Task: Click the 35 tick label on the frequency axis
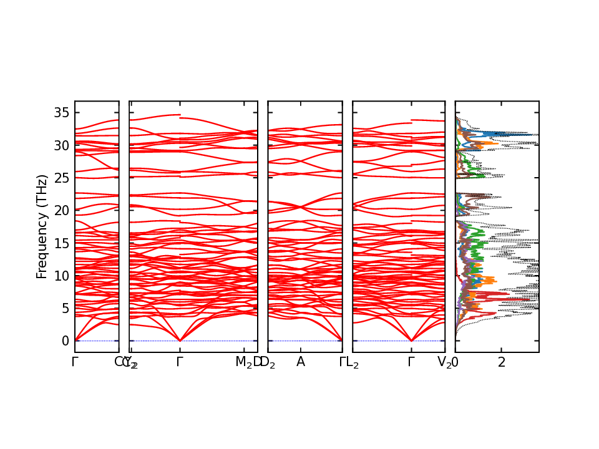(60, 113)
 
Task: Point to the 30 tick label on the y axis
(60, 145)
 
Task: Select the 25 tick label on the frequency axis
(60, 178)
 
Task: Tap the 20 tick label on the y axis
(60, 210)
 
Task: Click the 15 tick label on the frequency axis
(60, 243)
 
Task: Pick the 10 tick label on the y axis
(60, 275)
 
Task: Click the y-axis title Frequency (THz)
(42, 226)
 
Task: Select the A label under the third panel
(301, 362)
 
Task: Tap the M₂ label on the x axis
(244, 362)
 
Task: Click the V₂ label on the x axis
(444, 362)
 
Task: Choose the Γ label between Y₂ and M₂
(180, 362)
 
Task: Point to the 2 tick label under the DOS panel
(501, 362)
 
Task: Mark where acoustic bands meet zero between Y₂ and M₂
(180, 340)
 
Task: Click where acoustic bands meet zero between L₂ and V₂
(411, 340)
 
